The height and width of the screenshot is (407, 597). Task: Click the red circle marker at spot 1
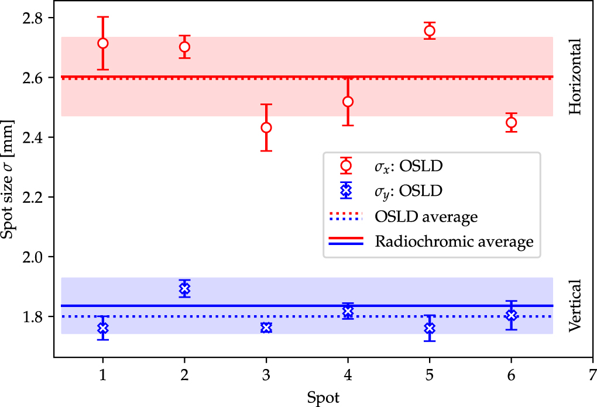pos(103,43)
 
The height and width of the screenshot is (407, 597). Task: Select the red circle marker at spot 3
pos(266,127)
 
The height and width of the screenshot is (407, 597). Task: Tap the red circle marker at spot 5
pos(430,30)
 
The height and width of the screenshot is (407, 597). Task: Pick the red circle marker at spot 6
pos(511,122)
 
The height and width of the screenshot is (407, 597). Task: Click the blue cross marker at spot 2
pos(185,288)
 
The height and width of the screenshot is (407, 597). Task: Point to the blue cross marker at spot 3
pos(266,327)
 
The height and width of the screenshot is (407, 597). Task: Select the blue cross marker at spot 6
pos(511,315)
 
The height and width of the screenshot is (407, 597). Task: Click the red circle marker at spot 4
pos(348,101)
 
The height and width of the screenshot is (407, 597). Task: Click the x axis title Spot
pos(322,397)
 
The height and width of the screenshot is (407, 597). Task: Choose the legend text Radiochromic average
pos(454,242)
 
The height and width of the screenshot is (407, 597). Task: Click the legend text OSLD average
pos(426,216)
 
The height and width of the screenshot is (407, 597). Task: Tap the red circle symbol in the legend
pos(346,165)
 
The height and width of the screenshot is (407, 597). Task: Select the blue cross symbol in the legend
pos(346,190)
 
